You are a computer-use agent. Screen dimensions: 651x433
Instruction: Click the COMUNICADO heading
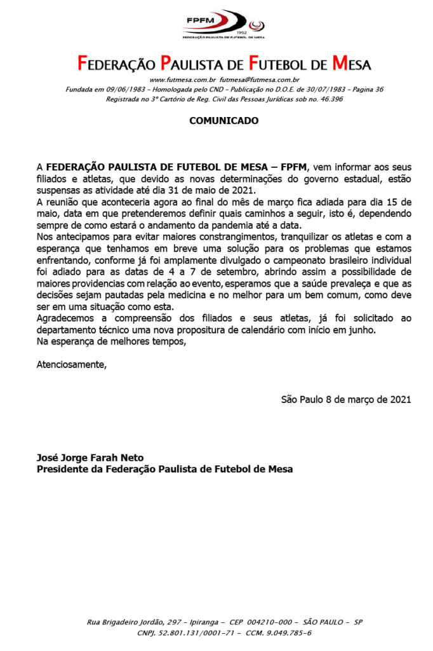pyautogui.click(x=223, y=121)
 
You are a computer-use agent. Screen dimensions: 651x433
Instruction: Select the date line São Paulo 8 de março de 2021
pyautogui.click(x=346, y=399)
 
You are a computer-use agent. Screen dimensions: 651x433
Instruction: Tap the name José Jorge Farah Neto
pyautogui.click(x=90, y=458)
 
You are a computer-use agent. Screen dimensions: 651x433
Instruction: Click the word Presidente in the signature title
pyautogui.click(x=63, y=469)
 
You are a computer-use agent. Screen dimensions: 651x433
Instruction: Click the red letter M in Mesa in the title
pyautogui.click(x=340, y=64)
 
